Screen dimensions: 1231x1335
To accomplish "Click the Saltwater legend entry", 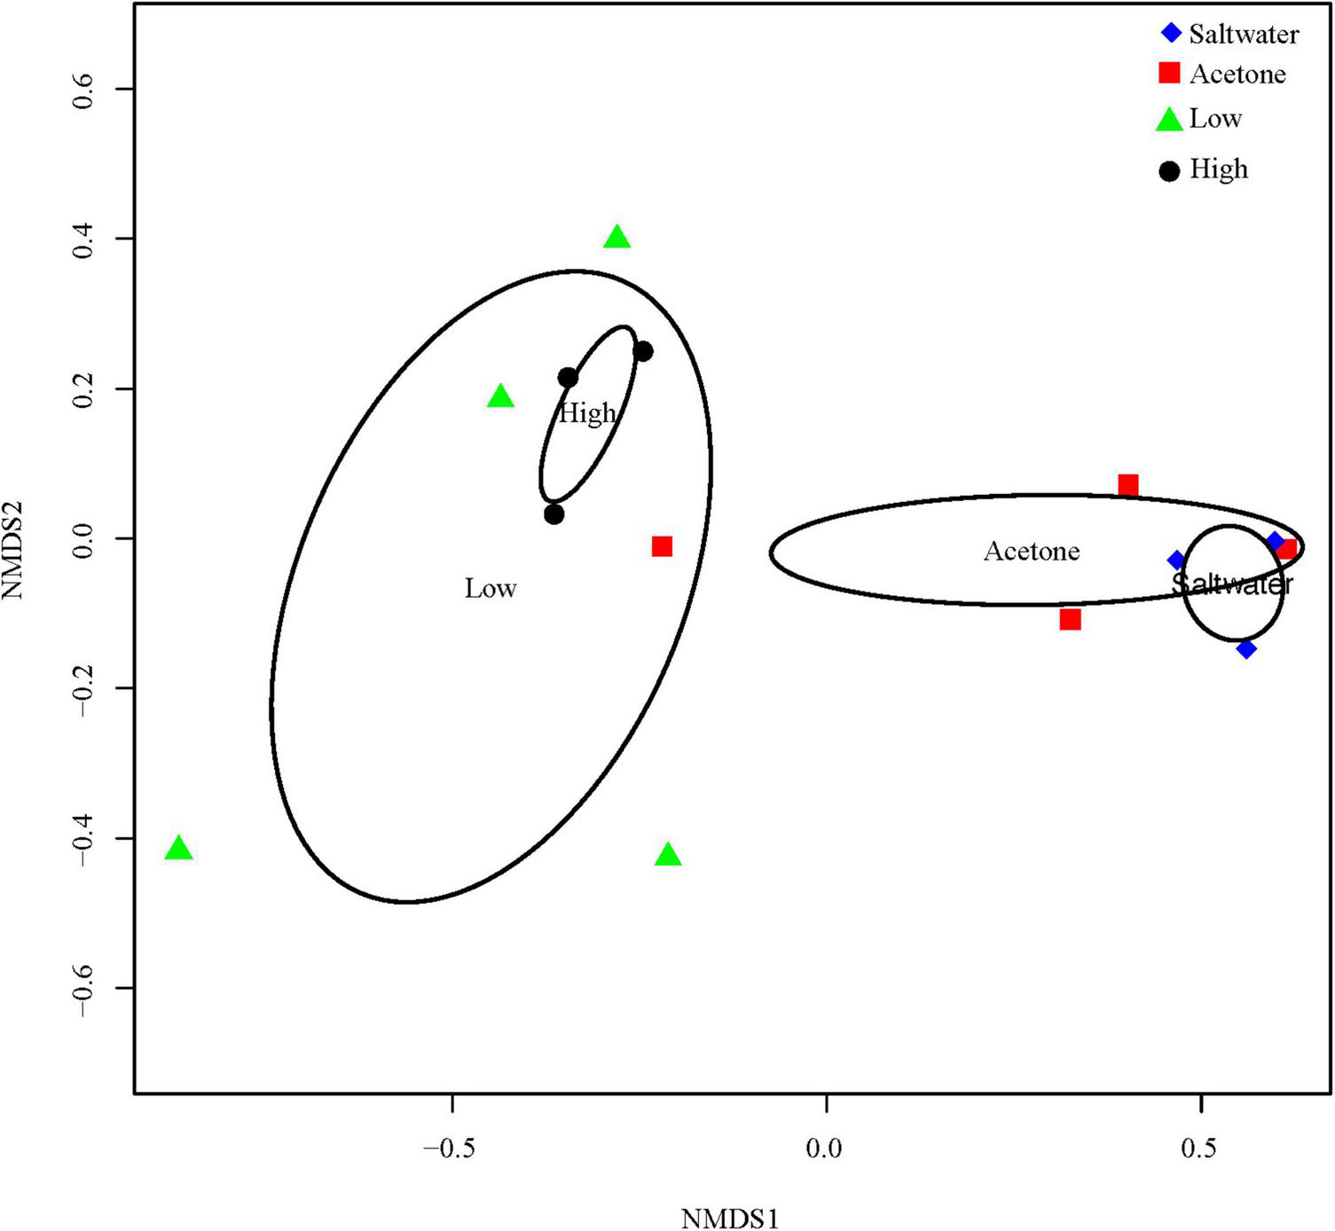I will coord(1229,34).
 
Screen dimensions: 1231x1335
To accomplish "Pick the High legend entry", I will coord(1204,169).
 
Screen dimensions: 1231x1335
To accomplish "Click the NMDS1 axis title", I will coord(729,1219).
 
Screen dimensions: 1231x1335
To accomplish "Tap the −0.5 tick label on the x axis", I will coord(452,1149).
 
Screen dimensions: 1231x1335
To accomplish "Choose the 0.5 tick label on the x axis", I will coord(1199,1149).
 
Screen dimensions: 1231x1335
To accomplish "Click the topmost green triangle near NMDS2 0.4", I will coord(617,238).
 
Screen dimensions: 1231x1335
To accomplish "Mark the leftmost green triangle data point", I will coord(179,849).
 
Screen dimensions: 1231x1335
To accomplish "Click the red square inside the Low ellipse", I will coord(662,546).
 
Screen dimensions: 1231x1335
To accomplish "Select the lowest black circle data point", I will coord(554,514).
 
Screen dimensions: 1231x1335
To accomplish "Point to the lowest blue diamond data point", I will coord(1246,648).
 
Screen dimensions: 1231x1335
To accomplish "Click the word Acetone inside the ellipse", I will coord(1032,552).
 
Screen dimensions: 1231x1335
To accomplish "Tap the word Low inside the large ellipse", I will coord(491,589).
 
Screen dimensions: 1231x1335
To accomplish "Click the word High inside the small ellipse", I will coord(586,413).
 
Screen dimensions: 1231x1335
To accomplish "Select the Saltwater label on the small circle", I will coord(1232,584).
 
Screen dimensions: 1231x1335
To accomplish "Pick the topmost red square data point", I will coord(1128,485).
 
